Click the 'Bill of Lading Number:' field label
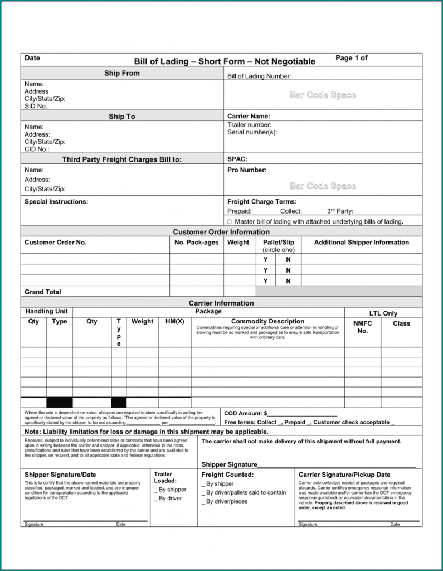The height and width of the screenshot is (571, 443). coord(259,76)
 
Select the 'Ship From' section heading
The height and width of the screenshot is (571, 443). coord(122,74)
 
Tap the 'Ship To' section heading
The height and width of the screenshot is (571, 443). coord(122,117)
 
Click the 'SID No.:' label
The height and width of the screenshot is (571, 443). coord(37,106)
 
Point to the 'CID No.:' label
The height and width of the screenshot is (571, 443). coord(37,149)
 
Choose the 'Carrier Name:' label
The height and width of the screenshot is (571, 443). coord(249,117)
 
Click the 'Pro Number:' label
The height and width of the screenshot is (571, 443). coord(247,170)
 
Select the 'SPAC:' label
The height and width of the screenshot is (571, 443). coord(237,159)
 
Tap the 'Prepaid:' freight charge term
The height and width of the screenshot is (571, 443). coord(240,211)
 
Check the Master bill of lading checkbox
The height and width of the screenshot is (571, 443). coord(230,222)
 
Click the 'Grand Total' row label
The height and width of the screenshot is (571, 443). coord(43,292)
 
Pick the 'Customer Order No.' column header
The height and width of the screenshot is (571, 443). coord(56,243)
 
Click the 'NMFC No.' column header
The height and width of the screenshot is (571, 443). coord(363,327)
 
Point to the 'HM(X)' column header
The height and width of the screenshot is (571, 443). coord(174,322)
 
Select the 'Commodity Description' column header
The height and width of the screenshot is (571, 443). coord(267,322)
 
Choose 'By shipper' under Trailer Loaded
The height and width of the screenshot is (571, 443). coord(170,490)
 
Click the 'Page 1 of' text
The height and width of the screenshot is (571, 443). coord(351,58)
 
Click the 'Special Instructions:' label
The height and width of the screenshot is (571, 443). coord(56,202)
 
